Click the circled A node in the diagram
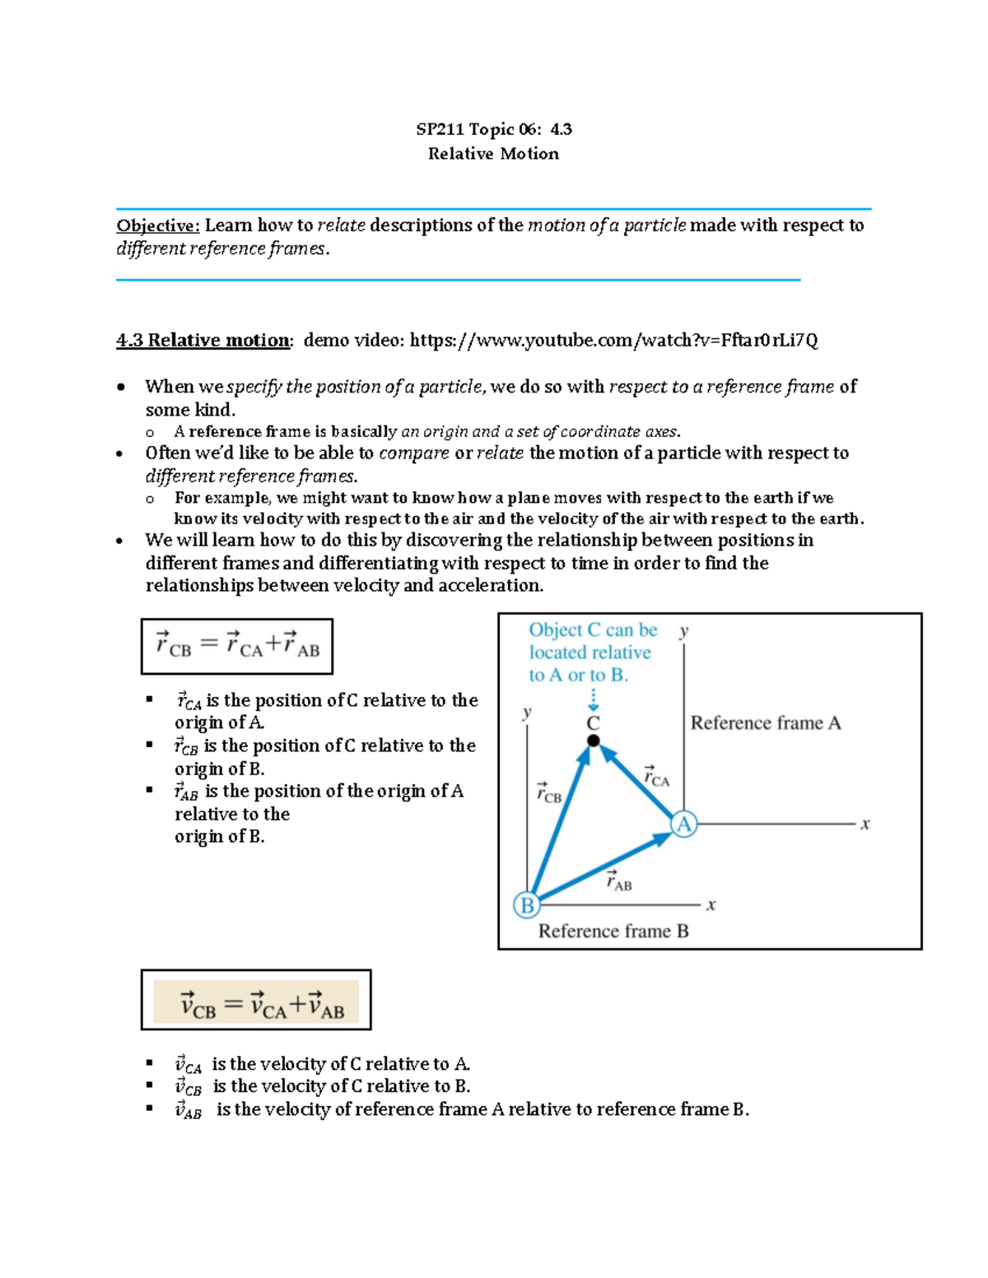tap(683, 824)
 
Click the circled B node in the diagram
tap(526, 905)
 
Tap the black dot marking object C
tap(593, 741)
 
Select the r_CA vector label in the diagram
tap(656, 776)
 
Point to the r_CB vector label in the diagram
tap(548, 792)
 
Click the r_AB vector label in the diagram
tap(618, 881)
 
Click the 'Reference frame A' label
tap(765, 723)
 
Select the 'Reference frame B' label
tap(613, 931)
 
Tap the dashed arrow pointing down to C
tap(593, 699)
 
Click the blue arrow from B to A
tap(605, 865)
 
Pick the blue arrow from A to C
tap(639, 782)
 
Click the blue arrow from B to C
tap(560, 823)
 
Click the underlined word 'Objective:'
tap(157, 225)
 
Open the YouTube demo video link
tap(613, 341)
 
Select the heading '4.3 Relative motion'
tap(203, 341)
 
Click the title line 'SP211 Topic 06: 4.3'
tap(493, 129)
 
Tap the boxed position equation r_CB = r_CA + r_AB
tap(237, 646)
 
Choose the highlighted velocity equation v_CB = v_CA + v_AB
tap(256, 1001)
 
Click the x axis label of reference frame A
tap(865, 824)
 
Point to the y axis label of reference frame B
tap(527, 712)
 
